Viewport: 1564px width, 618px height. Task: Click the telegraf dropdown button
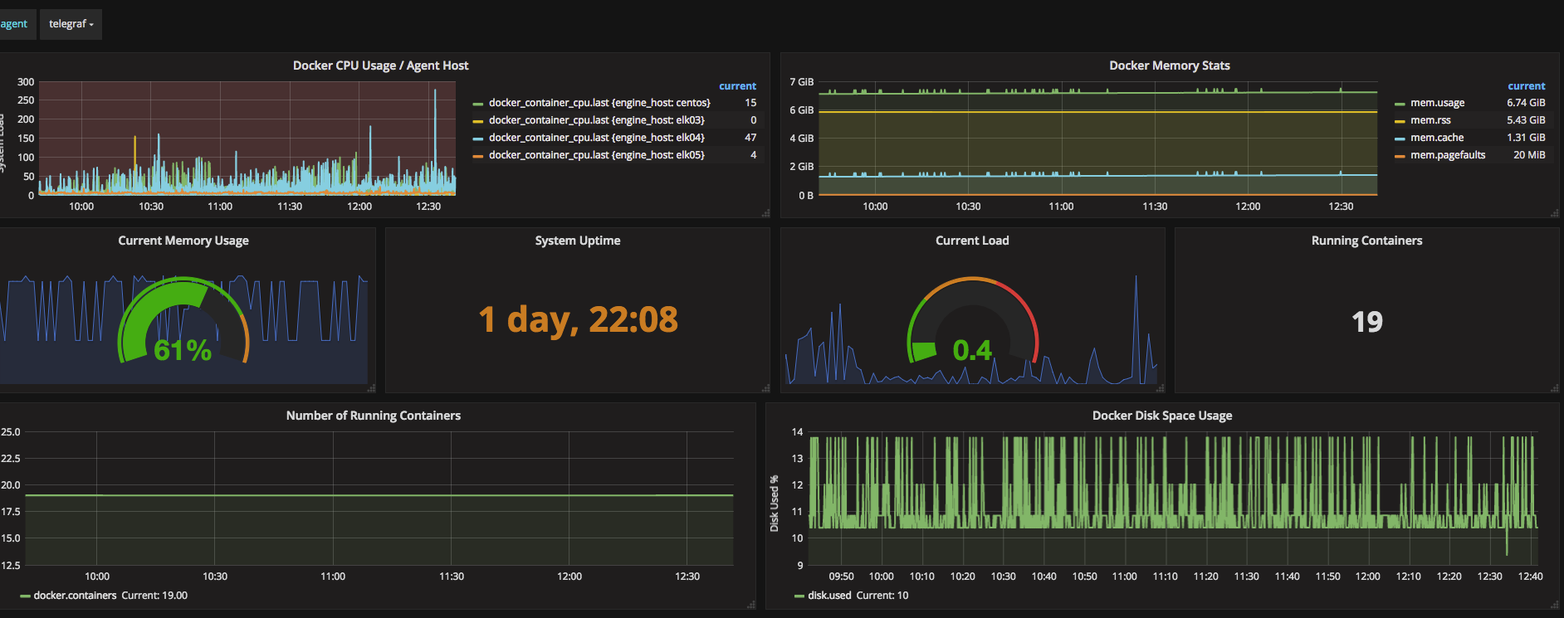[71, 24]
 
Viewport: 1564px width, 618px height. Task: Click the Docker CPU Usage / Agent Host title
[380, 66]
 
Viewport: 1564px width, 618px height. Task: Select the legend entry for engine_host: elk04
[596, 138]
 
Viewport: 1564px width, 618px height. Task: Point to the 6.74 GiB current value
[1526, 103]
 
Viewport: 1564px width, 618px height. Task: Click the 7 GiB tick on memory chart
[802, 82]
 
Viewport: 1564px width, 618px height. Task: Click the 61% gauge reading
[183, 350]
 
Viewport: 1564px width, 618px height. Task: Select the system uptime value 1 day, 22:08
[578, 319]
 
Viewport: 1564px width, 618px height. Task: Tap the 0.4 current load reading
[972, 350]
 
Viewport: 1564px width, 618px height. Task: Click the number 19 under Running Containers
[1367, 322]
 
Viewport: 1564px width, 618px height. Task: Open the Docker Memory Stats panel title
[1170, 66]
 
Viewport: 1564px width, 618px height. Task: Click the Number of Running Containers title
[374, 416]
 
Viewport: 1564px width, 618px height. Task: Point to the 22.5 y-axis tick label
[11, 459]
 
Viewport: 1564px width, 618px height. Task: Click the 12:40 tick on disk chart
[1530, 577]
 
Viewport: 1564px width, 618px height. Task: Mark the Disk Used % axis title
[774, 504]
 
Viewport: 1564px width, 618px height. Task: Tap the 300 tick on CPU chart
[26, 82]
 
